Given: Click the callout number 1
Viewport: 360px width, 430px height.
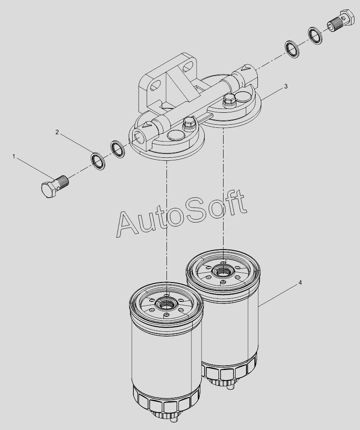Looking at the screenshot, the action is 13,156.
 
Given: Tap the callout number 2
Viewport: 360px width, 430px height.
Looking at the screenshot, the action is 57,132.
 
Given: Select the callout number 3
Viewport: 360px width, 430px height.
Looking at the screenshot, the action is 286,86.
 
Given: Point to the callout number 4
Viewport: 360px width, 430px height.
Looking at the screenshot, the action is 300,283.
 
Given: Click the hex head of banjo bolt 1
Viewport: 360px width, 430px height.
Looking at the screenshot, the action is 49,189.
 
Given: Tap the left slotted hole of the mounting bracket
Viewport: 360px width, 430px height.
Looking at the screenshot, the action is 155,85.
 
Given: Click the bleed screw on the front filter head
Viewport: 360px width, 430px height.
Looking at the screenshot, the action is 188,123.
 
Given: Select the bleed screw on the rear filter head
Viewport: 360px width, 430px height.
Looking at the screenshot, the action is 229,99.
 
